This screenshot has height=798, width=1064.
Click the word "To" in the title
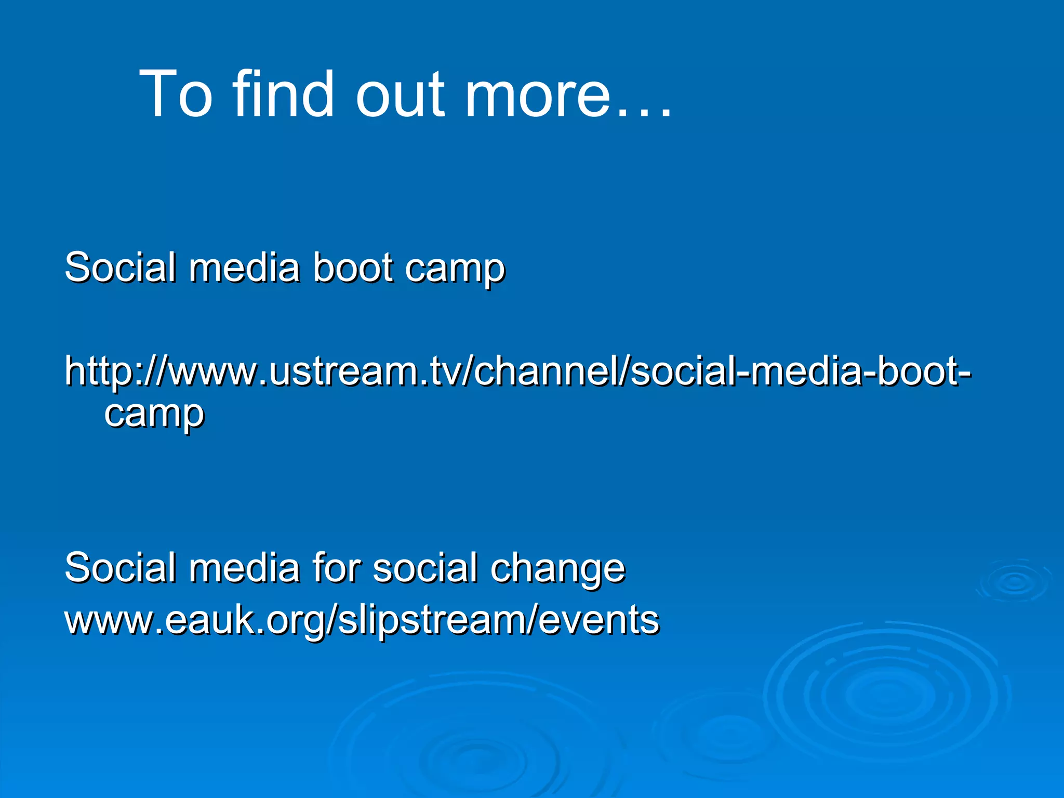[176, 95]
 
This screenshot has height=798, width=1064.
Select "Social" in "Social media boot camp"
[120, 268]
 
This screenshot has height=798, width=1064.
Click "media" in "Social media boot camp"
[244, 268]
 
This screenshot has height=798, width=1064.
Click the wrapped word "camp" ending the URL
[154, 416]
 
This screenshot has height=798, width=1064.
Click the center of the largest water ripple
[886, 696]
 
